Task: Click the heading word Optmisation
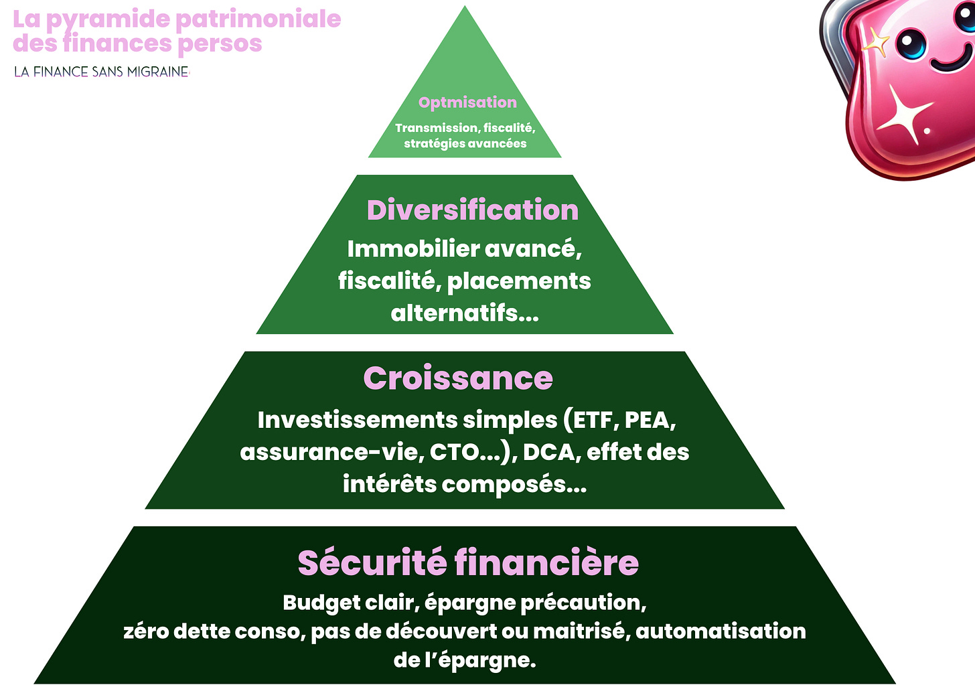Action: (467, 102)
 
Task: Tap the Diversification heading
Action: (472, 210)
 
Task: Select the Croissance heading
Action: (458, 378)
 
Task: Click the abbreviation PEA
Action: (648, 420)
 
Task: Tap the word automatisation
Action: (721, 631)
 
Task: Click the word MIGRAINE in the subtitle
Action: (157, 72)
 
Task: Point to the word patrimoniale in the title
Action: (258, 19)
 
